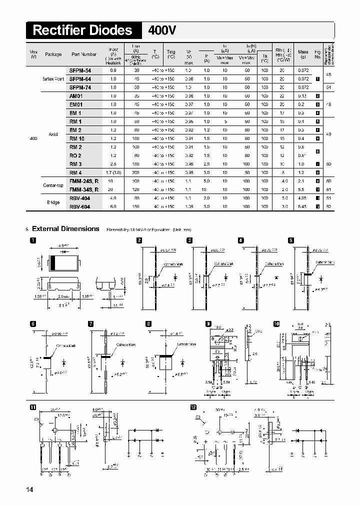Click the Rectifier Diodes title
(x=82, y=30)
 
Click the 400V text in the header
(x=162, y=31)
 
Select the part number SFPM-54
(x=80, y=71)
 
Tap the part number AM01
(x=76, y=96)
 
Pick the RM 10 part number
(x=77, y=138)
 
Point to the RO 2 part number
(x=75, y=155)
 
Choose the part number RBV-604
(x=80, y=206)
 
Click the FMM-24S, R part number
(x=84, y=181)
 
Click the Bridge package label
(x=52, y=202)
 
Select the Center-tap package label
(x=52, y=185)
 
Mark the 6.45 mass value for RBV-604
(x=303, y=206)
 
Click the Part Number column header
(x=83, y=54)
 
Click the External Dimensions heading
(x=65, y=229)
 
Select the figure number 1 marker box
(x=33, y=240)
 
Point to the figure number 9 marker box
(x=208, y=324)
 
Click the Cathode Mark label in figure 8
(x=186, y=344)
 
